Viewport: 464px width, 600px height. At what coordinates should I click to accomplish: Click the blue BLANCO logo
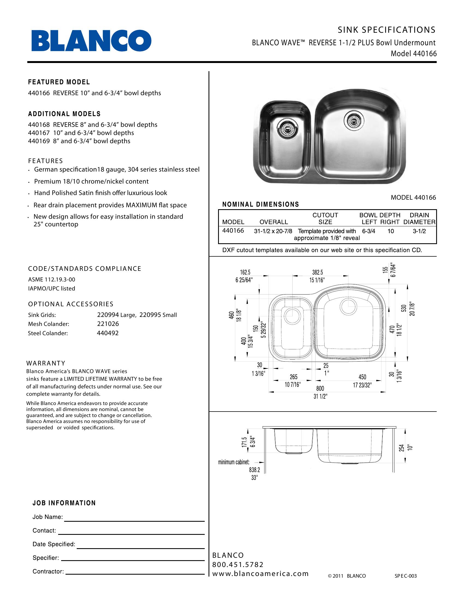[91, 41]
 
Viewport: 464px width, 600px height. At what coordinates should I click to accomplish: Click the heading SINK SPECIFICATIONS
[386, 30]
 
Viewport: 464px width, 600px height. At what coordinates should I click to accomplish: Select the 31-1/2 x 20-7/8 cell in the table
[273, 231]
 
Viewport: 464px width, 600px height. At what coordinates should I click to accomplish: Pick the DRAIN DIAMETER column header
[419, 218]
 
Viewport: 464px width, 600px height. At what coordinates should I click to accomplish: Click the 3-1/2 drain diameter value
[419, 231]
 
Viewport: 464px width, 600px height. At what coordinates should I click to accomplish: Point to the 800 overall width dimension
[320, 388]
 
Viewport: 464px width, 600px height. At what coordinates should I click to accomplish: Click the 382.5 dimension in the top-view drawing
[317, 272]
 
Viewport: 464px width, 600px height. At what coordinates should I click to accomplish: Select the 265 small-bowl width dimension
[294, 377]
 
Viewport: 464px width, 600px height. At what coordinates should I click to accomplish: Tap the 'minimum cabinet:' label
[234, 462]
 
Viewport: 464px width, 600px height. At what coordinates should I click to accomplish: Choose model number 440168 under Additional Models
[39, 125]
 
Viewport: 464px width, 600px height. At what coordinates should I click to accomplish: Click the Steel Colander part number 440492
[108, 333]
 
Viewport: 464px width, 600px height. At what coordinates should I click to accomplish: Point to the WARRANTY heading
[46, 363]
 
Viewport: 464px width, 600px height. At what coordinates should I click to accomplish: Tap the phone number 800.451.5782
[238, 565]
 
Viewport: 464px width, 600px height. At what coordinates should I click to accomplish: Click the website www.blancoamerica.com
[260, 574]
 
